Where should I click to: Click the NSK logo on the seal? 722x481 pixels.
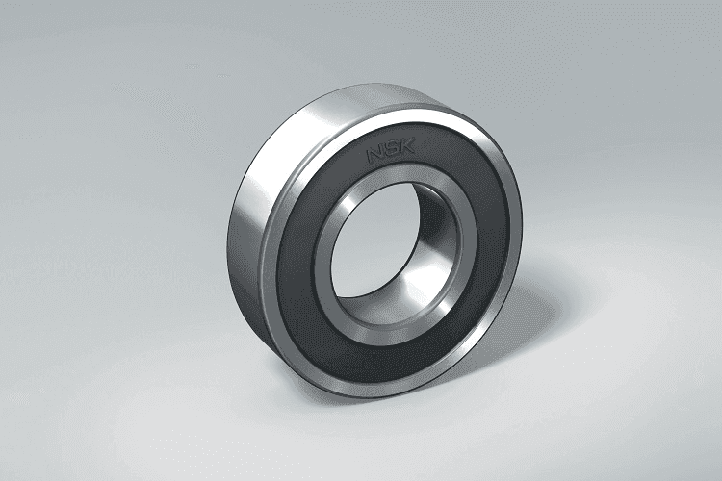pos(391,150)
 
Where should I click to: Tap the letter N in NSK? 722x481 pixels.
pos(374,154)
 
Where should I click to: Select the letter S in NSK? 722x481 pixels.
pos(392,150)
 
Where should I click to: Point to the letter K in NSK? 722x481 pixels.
pos(407,146)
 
